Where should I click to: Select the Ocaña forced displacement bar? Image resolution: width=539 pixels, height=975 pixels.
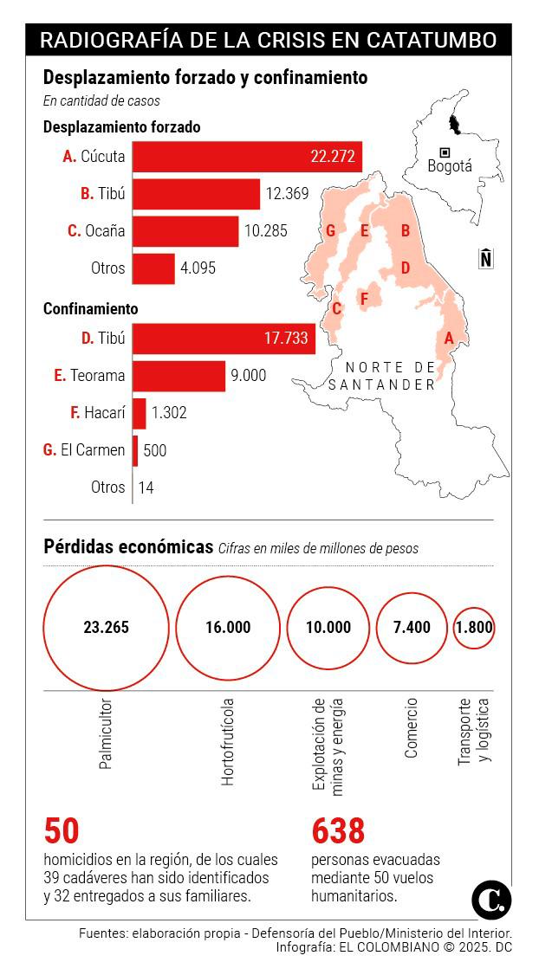pos(185,231)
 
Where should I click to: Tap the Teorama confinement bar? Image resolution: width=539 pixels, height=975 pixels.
pos(179,376)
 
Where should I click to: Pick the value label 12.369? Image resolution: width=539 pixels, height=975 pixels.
pos(287,194)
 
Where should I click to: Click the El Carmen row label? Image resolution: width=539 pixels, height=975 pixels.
pos(84,450)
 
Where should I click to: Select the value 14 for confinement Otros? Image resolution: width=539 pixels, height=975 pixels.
pos(146,487)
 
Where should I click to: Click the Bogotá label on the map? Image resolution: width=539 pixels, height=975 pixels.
pos(450,166)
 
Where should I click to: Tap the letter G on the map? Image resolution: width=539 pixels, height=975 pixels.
pos(330,230)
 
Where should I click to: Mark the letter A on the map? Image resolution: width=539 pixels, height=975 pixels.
pos(449,338)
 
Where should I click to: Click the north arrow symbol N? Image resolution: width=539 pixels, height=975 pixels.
pos(486,258)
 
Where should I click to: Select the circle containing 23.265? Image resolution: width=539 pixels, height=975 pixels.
pos(106,628)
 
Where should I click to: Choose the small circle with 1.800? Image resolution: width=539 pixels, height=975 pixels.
pos(474,628)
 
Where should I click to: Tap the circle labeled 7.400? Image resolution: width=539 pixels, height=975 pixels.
pos(412,628)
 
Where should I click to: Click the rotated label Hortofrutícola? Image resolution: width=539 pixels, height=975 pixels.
pos(228,741)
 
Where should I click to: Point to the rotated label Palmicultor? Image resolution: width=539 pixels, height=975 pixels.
pos(106,735)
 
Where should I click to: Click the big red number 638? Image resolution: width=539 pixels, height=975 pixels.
pos(338,831)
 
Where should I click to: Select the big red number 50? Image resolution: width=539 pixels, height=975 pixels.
pos(62,831)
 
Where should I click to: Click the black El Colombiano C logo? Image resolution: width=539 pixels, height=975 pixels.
pos(491,901)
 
